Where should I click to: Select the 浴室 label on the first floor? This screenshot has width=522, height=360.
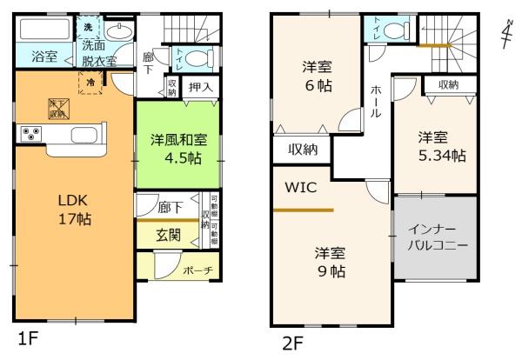tap(44, 57)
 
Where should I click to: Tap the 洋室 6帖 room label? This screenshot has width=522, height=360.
tap(318, 76)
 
